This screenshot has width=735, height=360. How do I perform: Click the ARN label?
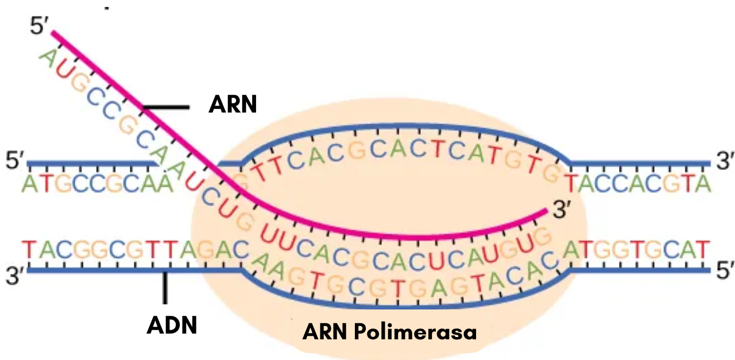pyautogui.click(x=232, y=104)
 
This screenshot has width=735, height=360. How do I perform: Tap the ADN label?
pyautogui.click(x=172, y=326)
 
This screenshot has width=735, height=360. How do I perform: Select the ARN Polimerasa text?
pyautogui.click(x=390, y=331)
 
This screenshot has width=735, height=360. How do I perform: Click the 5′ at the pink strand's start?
pyautogui.click(x=42, y=26)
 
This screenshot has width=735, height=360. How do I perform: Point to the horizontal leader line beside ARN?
pyautogui.click(x=166, y=107)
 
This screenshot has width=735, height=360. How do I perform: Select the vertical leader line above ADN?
pyautogui.click(x=165, y=288)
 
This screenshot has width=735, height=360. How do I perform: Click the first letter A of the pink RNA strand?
pyautogui.click(x=48, y=56)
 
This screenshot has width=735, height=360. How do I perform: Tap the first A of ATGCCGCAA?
pyautogui.click(x=28, y=184)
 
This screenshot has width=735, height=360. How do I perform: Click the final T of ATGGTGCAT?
pyautogui.click(x=704, y=249)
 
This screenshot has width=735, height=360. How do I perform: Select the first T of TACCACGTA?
pyautogui.click(x=572, y=184)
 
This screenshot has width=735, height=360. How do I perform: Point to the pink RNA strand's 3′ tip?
pyautogui.click(x=544, y=212)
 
